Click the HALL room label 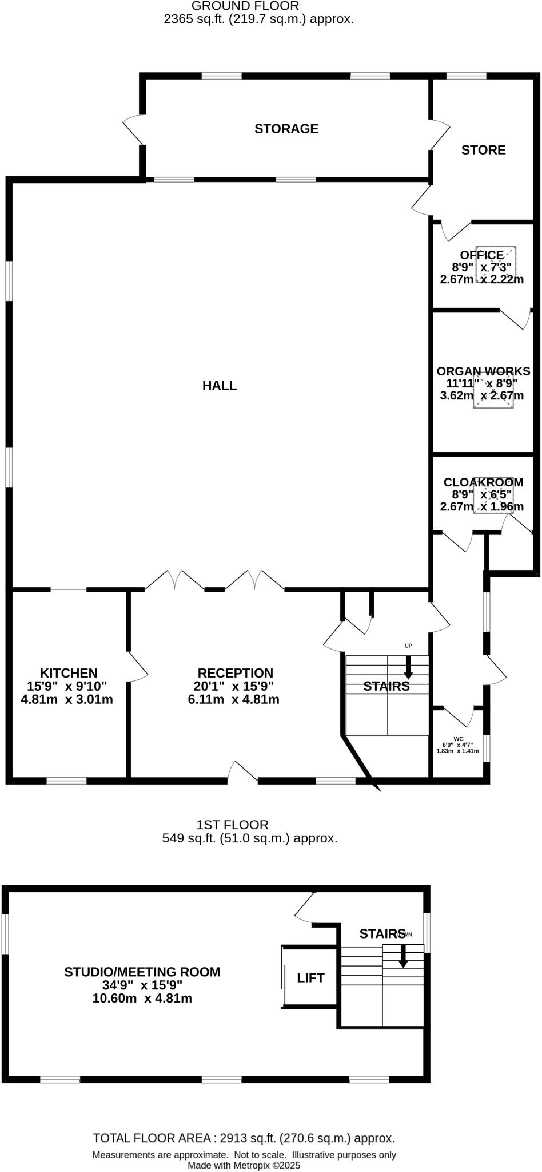click(x=220, y=386)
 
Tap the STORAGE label click(x=286, y=129)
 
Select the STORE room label click(x=483, y=150)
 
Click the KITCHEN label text click(x=69, y=673)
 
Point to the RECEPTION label click(x=235, y=673)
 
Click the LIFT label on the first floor click(x=310, y=978)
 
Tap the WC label click(x=458, y=739)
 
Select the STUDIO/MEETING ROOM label click(x=142, y=972)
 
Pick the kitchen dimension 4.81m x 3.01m click(x=67, y=699)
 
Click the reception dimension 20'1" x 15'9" click(x=233, y=686)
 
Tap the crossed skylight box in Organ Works click(x=493, y=390)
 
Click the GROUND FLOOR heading click(x=245, y=6)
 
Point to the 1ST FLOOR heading click(x=232, y=825)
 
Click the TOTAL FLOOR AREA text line click(x=244, y=1138)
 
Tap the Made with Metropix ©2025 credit click(x=244, y=1165)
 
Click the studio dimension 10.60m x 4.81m click(x=142, y=999)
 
